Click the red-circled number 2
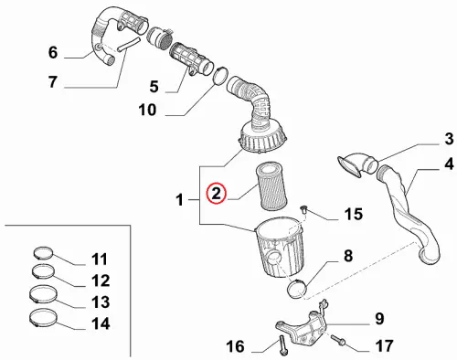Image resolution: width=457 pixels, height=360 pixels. pos(216,194)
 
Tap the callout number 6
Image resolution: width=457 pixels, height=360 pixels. pos(53,53)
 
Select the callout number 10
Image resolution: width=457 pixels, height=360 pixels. pos(147,110)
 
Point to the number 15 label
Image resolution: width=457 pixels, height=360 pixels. pos(354,214)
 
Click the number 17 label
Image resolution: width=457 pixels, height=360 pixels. pos(384,346)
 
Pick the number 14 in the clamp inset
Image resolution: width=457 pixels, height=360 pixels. pos(101,323)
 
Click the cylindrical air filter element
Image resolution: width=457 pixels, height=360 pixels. pos(272,186)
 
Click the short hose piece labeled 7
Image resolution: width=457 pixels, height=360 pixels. pos(128,44)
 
